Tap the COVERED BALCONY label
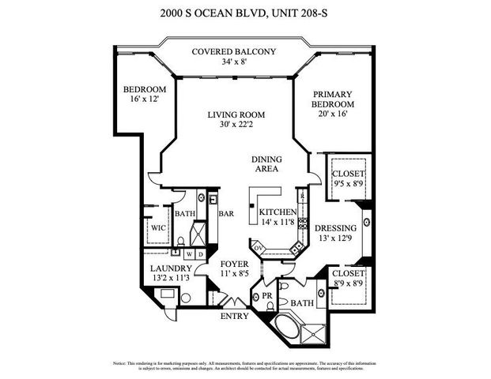pos(234,52)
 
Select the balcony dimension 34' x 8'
pos(234,62)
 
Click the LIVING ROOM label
pos(236,114)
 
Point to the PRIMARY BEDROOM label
pos(331,98)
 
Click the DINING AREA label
pos(267,164)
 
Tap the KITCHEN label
pos(278,212)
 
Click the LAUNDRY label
pos(166,268)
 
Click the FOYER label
pos(235,263)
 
